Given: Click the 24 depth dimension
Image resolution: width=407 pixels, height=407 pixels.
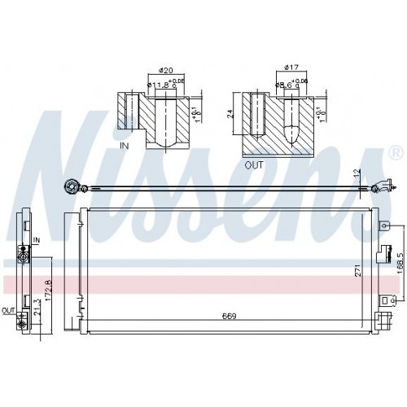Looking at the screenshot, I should point(233,115).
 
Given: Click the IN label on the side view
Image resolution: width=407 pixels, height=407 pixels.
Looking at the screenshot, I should point(37,239).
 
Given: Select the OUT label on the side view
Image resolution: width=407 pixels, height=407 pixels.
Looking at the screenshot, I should point(8,310).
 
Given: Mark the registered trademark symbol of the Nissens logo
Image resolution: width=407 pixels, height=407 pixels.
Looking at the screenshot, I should point(395,153).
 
